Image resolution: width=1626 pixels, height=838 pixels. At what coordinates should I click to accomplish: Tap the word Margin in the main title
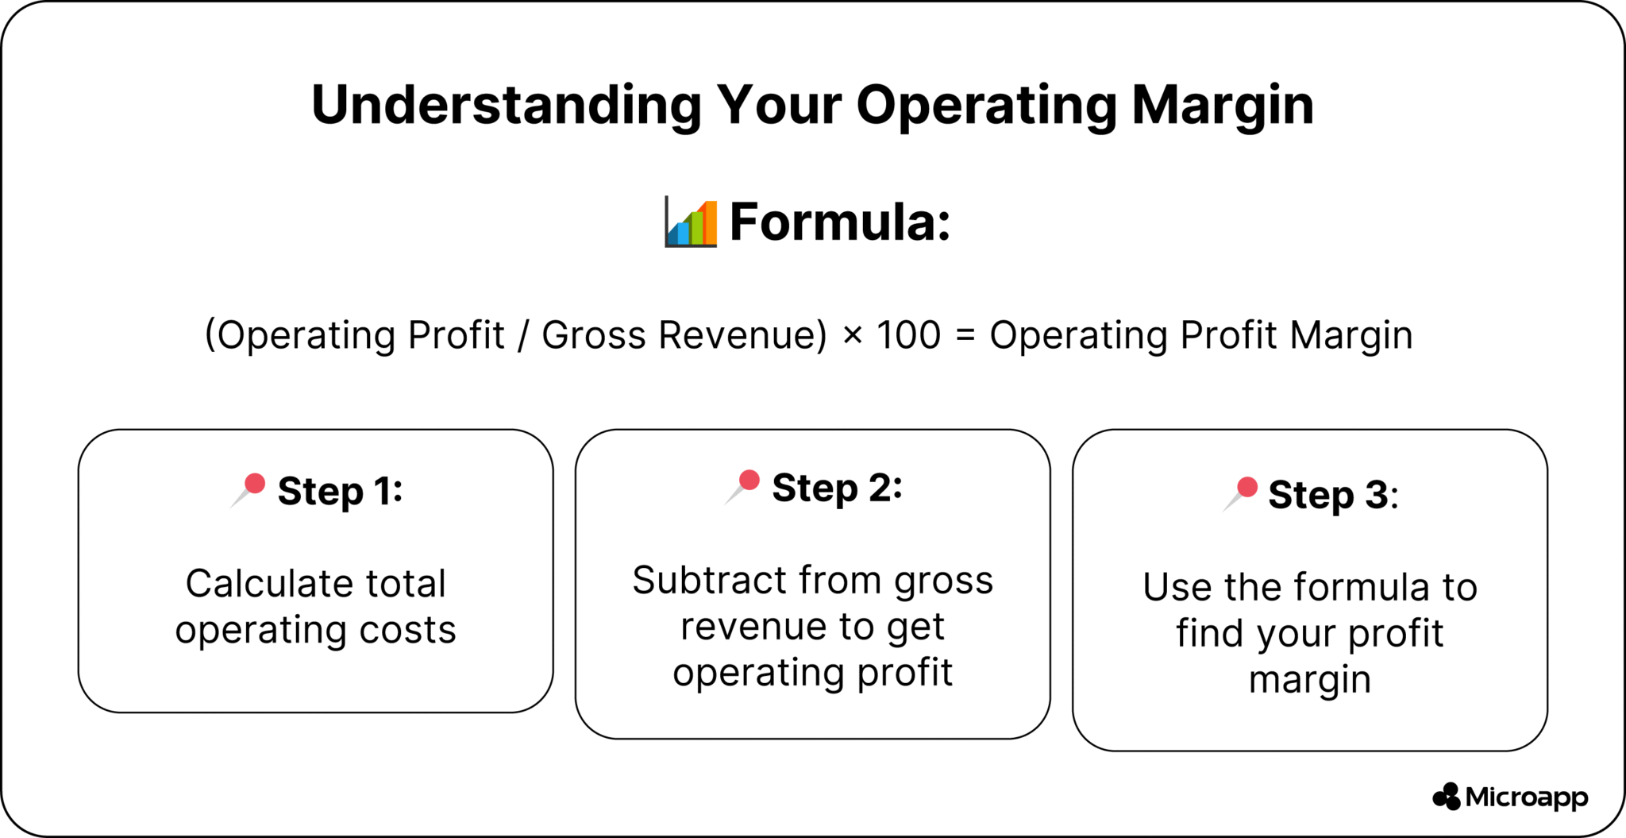coord(1223,106)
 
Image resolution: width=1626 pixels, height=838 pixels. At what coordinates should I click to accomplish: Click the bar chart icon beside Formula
coord(691,222)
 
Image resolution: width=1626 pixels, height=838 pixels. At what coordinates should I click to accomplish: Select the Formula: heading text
coord(840,222)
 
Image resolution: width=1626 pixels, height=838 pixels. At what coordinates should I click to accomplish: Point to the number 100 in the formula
coord(908,335)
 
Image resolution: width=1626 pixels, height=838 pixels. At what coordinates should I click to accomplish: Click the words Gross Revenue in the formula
coord(684,335)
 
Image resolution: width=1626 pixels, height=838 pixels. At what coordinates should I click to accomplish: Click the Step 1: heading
coord(340,491)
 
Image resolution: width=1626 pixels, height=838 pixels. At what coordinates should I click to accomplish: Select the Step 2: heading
coord(837,488)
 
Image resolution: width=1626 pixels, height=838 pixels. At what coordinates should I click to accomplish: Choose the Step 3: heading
coord(1332,495)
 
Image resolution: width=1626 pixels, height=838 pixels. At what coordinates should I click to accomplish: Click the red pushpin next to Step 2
coord(744,485)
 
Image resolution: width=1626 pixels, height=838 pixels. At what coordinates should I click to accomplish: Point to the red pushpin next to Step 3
coord(1242,492)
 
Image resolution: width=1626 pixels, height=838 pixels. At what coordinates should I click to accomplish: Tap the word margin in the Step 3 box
coord(1310,680)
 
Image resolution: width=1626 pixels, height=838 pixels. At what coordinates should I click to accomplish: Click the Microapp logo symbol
coord(1447,797)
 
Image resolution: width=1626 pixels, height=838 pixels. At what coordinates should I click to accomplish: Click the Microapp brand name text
coord(1526,797)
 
